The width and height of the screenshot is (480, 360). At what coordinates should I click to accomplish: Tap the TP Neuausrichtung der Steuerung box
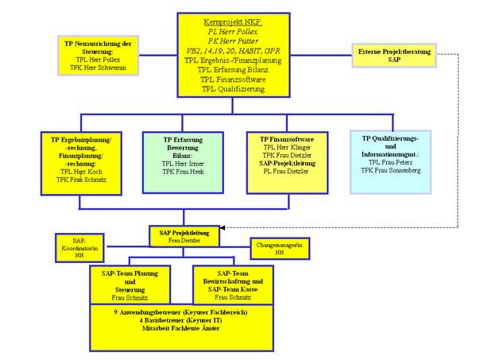click(x=99, y=53)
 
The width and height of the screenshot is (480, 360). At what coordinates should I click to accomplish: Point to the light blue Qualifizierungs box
click(x=389, y=162)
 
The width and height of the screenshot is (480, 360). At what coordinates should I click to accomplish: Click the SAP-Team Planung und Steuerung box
click(x=136, y=285)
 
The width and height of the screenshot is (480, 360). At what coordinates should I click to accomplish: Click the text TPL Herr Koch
click(x=83, y=172)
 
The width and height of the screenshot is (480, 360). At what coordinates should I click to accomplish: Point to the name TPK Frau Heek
click(x=184, y=172)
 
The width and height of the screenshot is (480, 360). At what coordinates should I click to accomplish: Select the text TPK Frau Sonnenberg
click(x=389, y=170)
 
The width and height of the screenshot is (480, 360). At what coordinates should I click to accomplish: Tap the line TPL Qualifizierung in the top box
click(x=238, y=90)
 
